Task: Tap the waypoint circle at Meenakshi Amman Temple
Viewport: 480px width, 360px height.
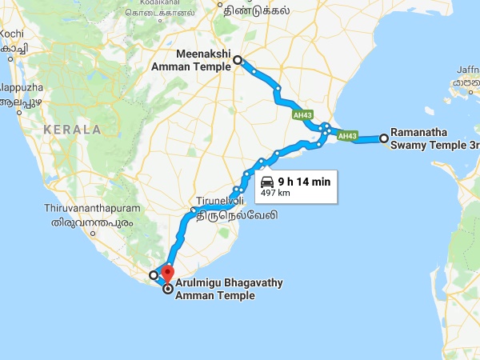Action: pyautogui.click(x=237, y=59)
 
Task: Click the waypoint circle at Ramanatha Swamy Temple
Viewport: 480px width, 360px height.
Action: pyautogui.click(x=384, y=138)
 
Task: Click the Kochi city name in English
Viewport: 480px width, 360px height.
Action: pyautogui.click(x=12, y=34)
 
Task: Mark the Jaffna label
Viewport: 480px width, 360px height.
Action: pyautogui.click(x=468, y=69)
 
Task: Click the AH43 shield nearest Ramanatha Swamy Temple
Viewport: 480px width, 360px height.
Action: pyautogui.click(x=347, y=137)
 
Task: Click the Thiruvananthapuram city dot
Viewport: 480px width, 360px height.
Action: pyautogui.click(x=94, y=234)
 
